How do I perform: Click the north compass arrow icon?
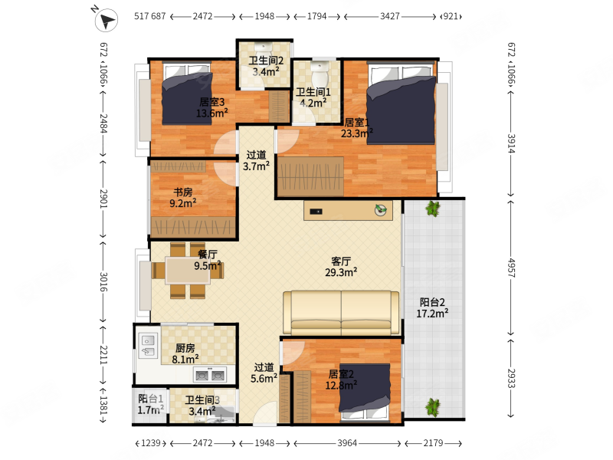[106, 20]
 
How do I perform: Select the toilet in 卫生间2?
[264, 50]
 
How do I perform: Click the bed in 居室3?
[187, 94]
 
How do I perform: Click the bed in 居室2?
[365, 393]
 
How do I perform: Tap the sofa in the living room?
[341, 313]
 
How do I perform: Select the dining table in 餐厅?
[188, 270]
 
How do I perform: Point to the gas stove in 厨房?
[209, 375]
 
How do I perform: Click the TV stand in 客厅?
[348, 211]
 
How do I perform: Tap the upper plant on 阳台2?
[432, 209]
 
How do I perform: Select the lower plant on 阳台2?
[433, 407]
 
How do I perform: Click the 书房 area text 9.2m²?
[182, 203]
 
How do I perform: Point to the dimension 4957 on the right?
[511, 268]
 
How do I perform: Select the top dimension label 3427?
[390, 16]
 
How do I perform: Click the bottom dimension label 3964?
[347, 443]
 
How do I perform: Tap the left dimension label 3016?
[103, 281]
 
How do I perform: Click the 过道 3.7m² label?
[256, 160]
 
